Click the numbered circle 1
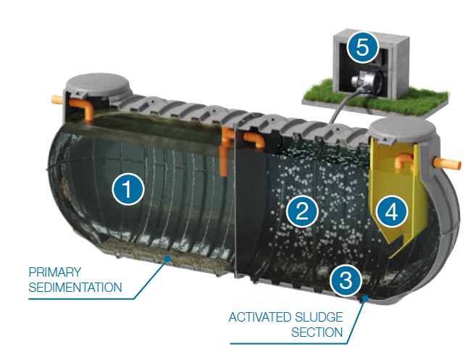pos(128,189)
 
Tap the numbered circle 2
pos(302,211)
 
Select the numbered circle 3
pos(346,280)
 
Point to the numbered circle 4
pos(391,212)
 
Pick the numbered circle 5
pos(362,47)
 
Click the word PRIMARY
pos(55,272)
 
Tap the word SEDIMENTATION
pos(75,288)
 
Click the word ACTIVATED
pos(259,317)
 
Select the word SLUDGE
pos(319,317)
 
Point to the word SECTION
pos(317,332)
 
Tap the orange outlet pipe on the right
pos(447,164)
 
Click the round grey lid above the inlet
pos(98,84)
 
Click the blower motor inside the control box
pos(367,79)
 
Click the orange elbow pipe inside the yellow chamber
pos(404,162)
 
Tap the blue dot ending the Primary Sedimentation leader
pos(168,258)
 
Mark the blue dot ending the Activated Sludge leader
pos(365,298)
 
